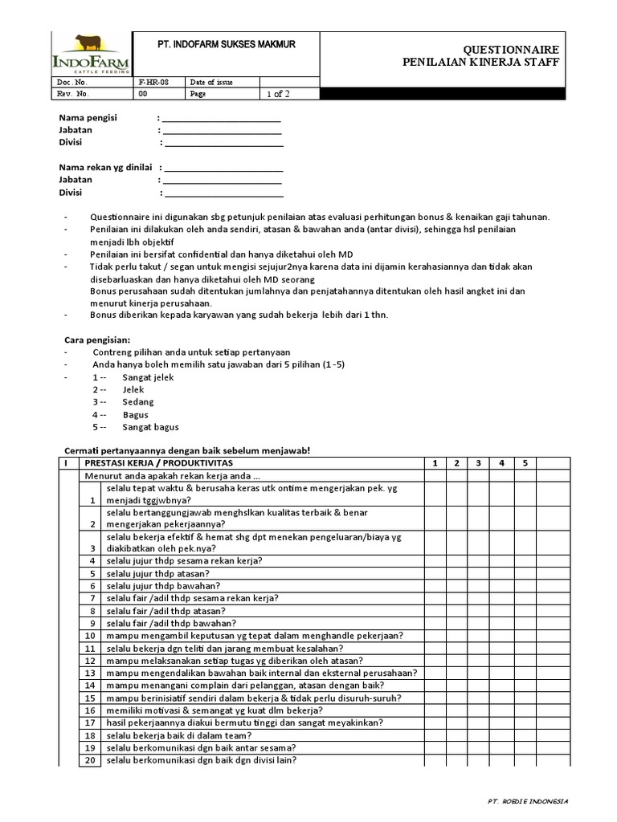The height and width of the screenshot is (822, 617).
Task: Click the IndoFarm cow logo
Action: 85,53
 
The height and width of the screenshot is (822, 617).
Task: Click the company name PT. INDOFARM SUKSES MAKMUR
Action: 226,45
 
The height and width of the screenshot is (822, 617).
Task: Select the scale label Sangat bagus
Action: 151,427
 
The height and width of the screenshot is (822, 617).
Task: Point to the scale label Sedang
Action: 138,402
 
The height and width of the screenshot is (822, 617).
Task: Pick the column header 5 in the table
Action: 524,463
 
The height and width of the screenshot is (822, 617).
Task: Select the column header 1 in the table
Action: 434,463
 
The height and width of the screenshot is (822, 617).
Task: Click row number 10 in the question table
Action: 91,636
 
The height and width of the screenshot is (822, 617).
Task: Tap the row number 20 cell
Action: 91,760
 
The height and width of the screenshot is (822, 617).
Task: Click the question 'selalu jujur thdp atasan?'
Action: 157,573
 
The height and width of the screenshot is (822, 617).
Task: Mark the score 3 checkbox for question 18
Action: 479,735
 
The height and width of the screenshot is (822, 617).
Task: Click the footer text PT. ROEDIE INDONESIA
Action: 528,801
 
